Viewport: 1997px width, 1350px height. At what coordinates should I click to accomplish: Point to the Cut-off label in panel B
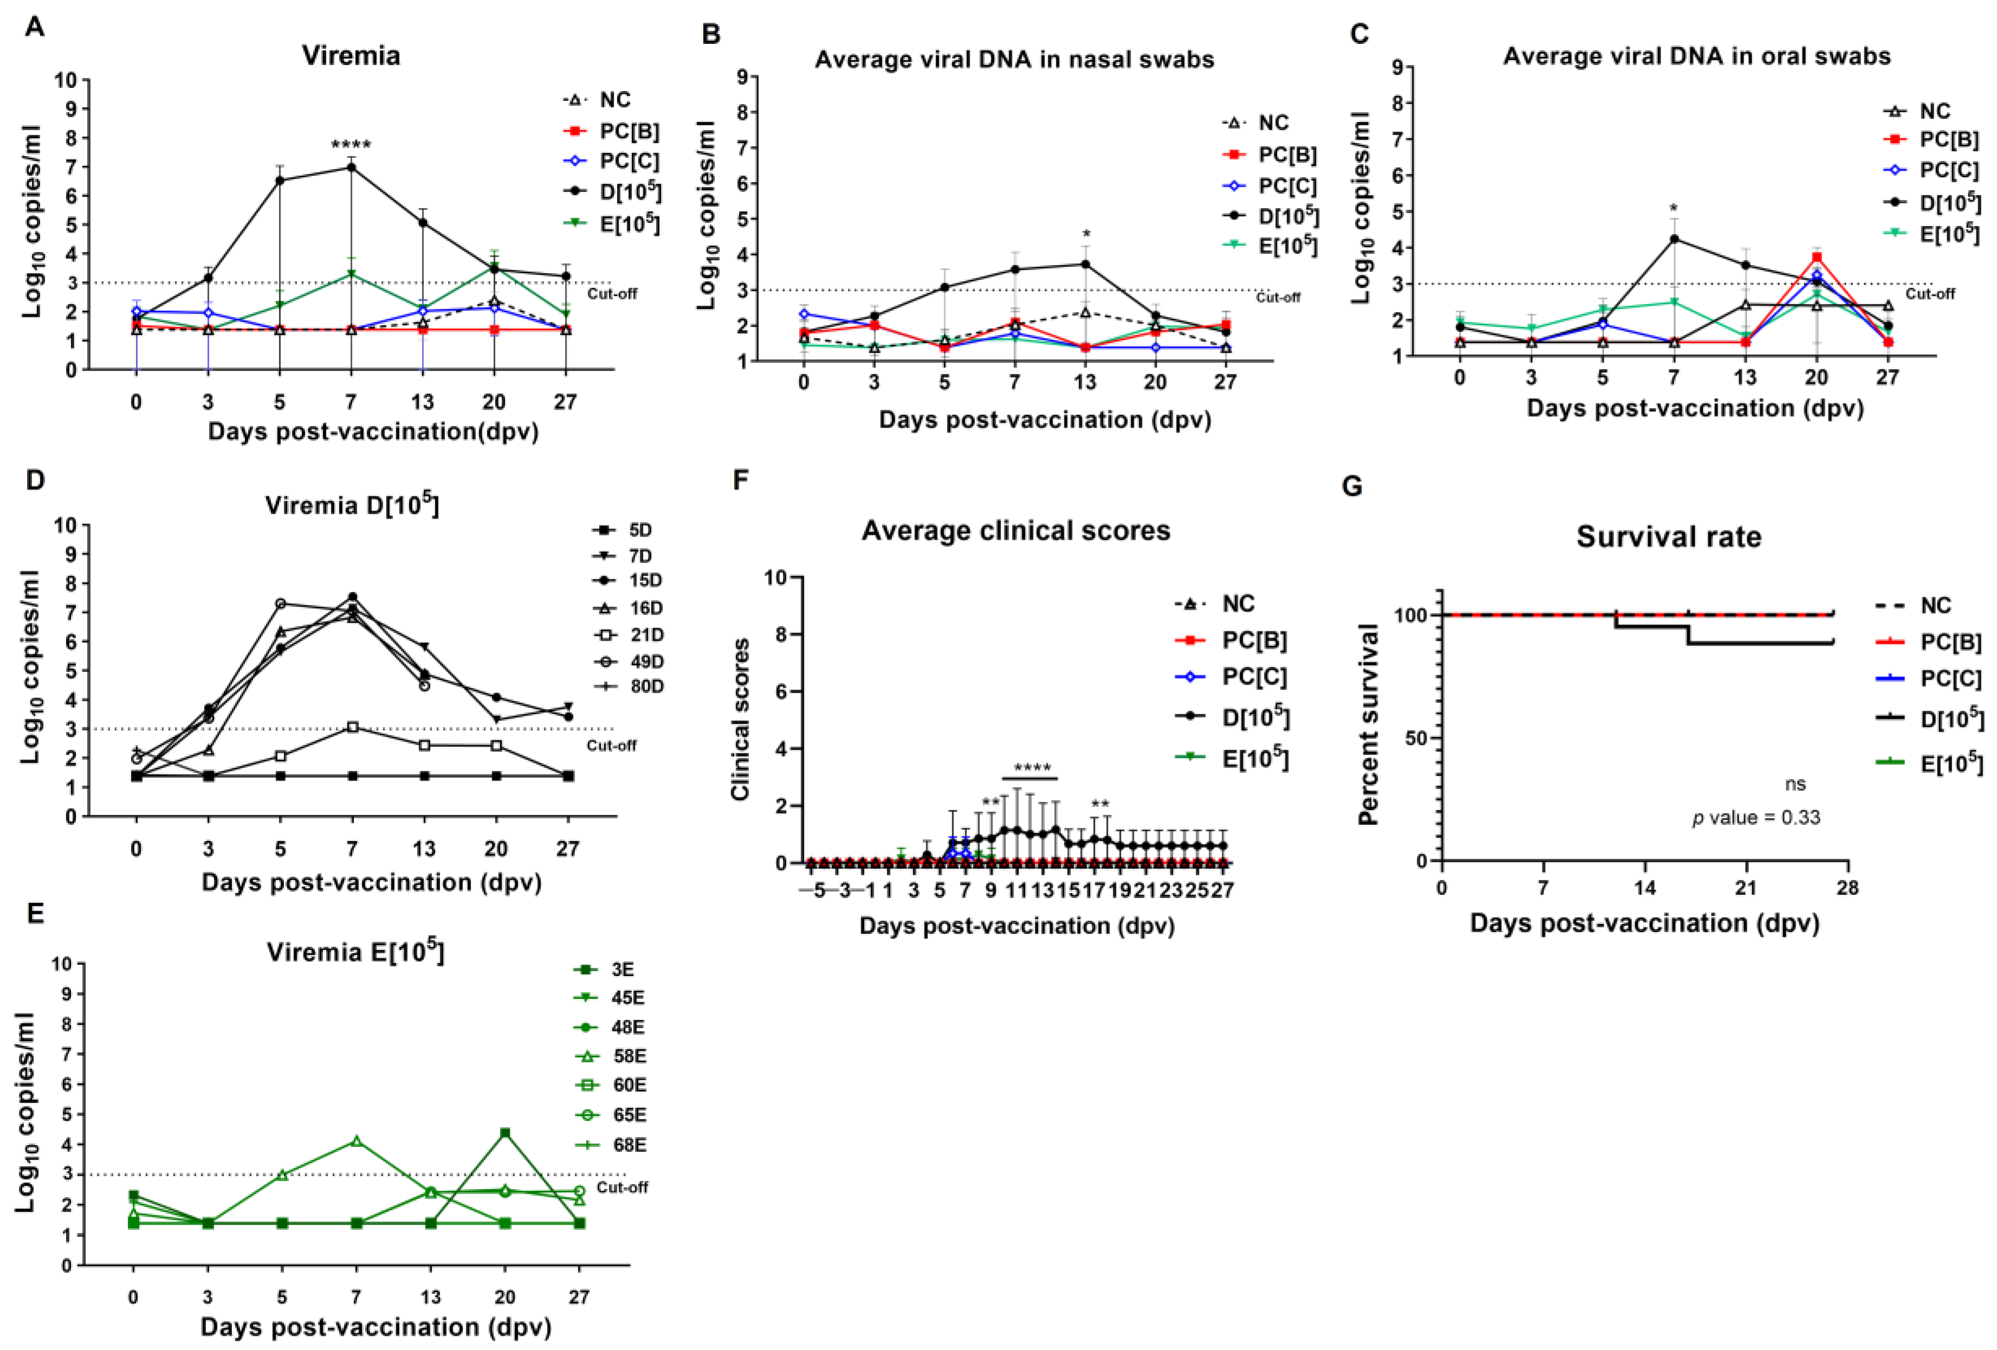1278,298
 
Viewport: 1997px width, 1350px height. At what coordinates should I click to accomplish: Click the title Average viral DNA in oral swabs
1696,57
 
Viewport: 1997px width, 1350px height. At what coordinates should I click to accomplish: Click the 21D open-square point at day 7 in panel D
352,727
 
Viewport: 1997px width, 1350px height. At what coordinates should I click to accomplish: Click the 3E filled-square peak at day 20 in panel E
505,1133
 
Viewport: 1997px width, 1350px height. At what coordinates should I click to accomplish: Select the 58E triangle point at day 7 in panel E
356,1141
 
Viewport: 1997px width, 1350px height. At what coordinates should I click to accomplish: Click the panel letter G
1352,487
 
